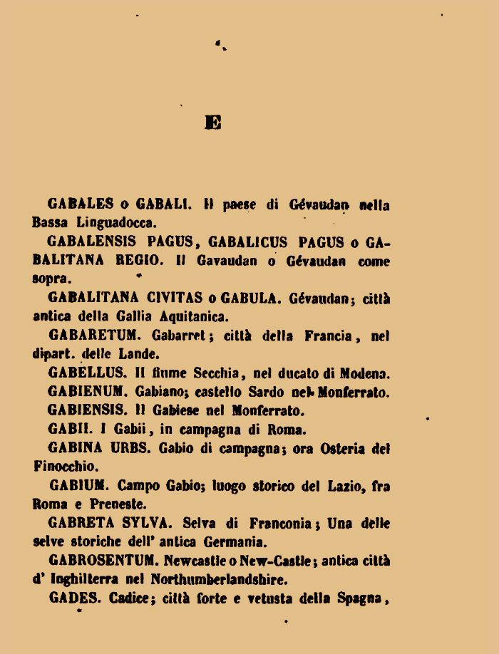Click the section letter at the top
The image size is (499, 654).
212,123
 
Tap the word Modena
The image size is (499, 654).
367,373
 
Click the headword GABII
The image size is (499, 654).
67,429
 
